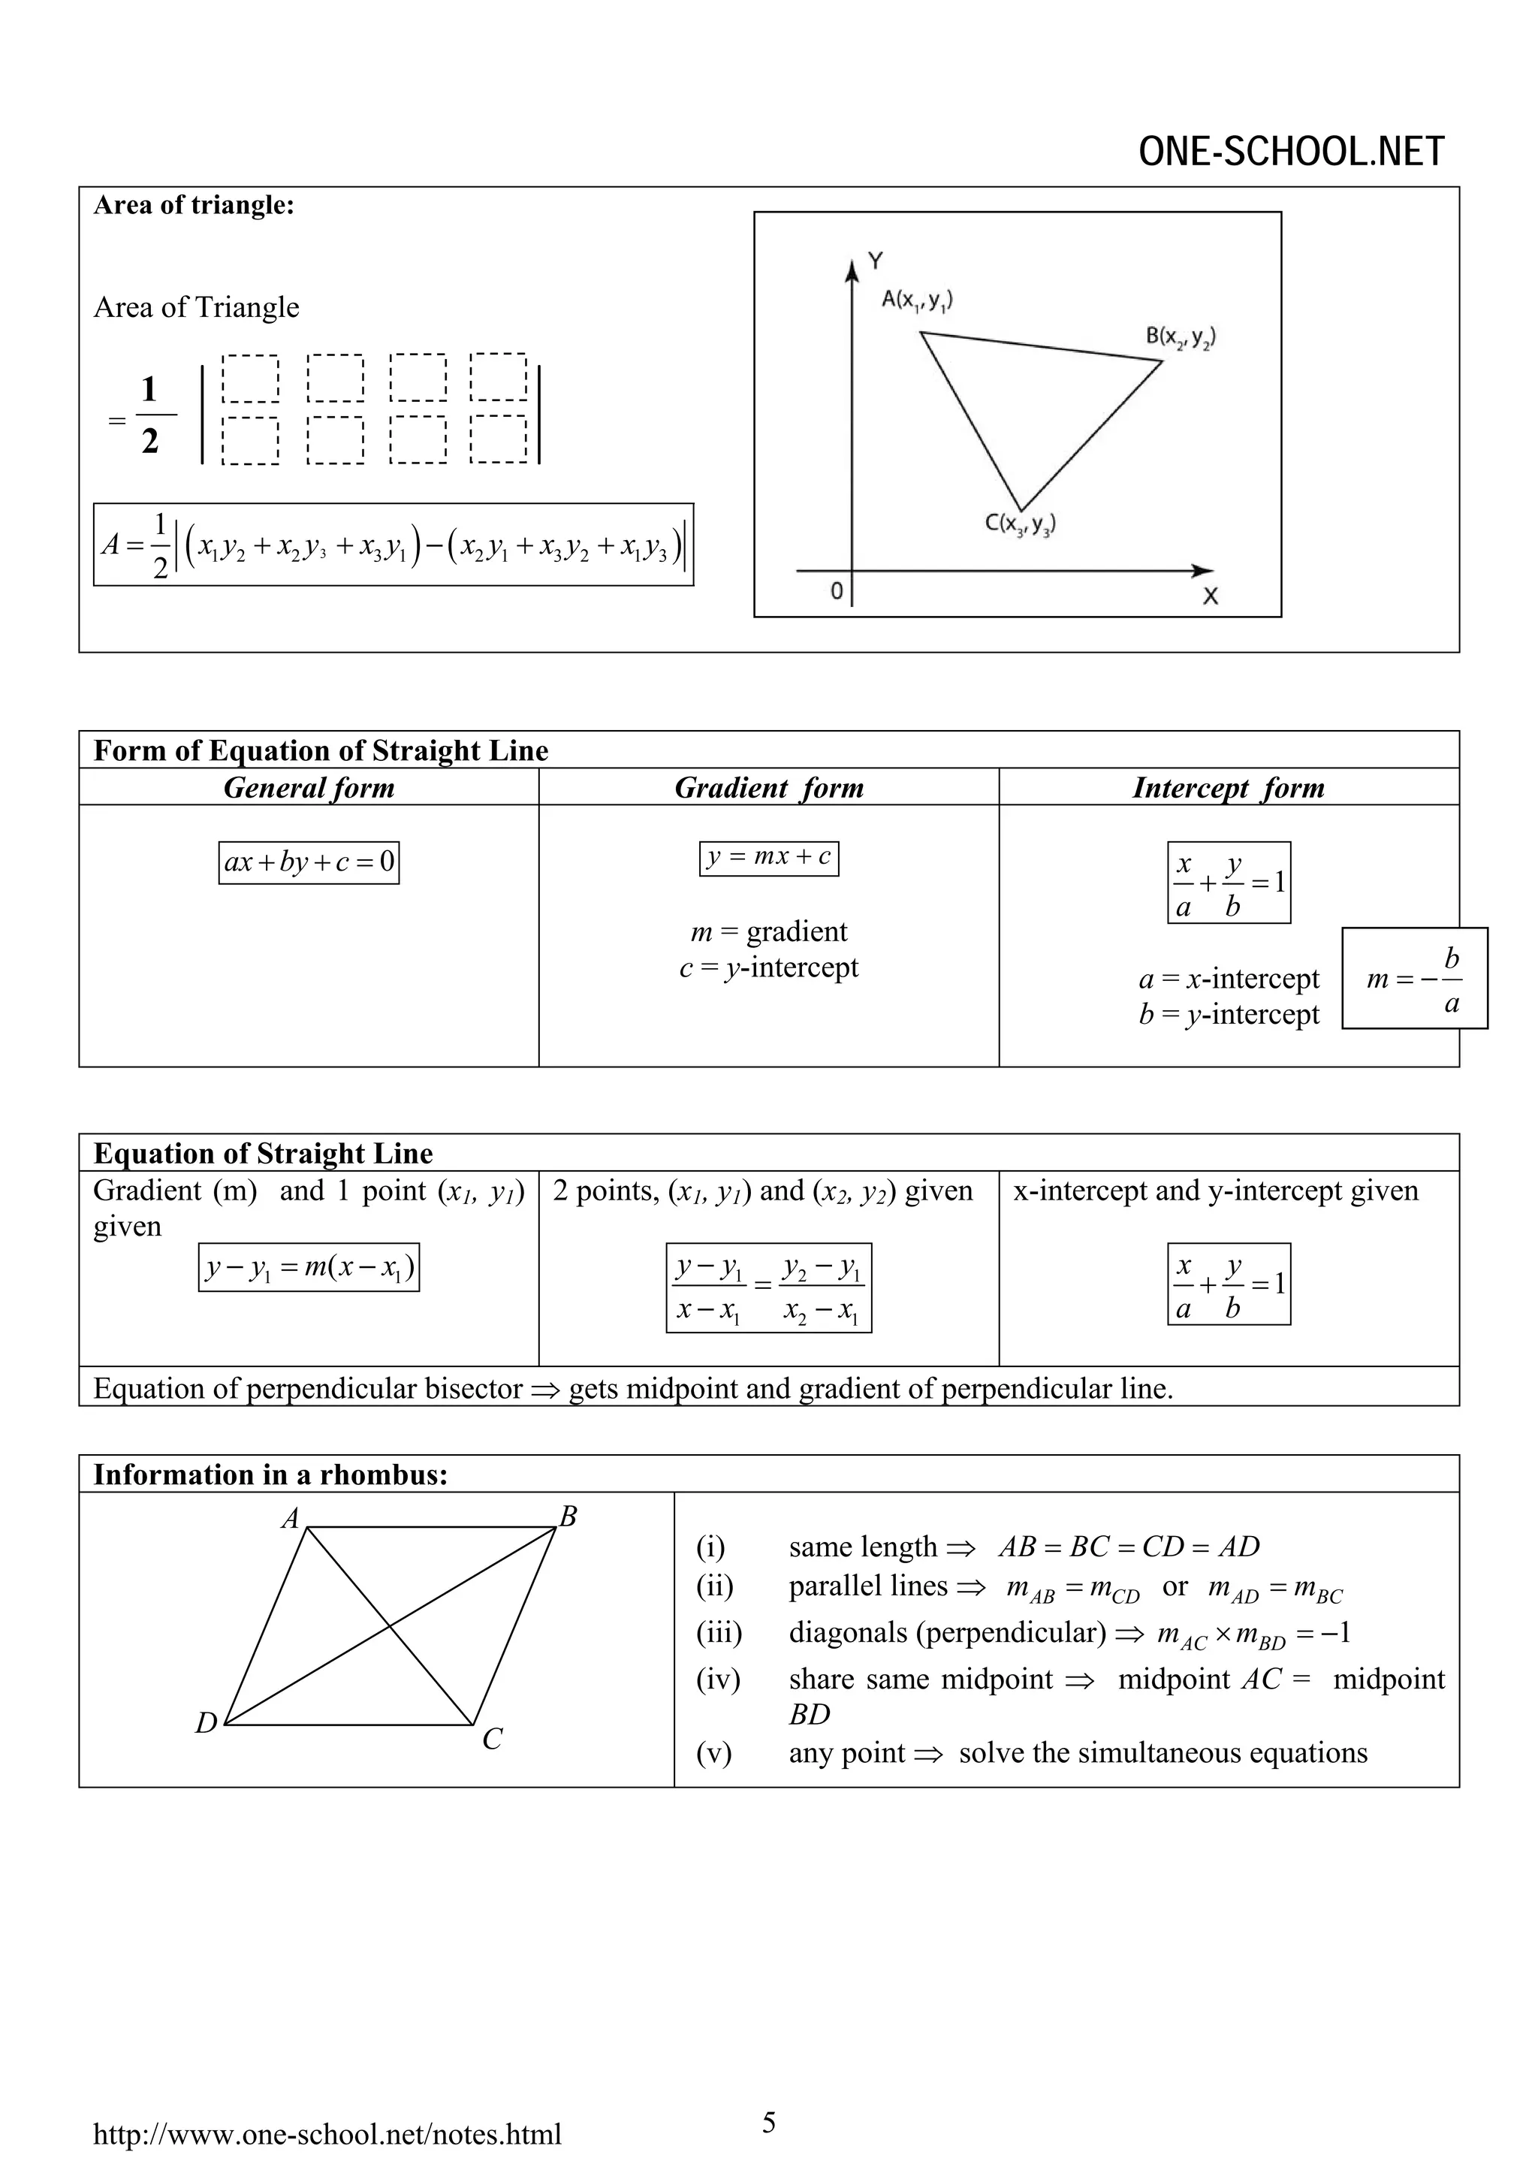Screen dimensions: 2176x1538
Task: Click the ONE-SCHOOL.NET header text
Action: pyautogui.click(x=1291, y=152)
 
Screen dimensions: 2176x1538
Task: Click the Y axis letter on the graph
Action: pyautogui.click(x=876, y=261)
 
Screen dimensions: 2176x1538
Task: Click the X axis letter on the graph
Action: pyautogui.click(x=1210, y=596)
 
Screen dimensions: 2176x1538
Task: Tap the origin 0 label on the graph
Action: pyautogui.click(x=837, y=591)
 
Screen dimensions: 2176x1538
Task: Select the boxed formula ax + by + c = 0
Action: pyautogui.click(x=309, y=862)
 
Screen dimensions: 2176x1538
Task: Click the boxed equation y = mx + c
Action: pyautogui.click(x=768, y=858)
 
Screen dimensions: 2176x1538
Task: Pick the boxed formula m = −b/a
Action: pyautogui.click(x=1415, y=978)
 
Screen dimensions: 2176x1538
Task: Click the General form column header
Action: pyautogui.click(x=309, y=788)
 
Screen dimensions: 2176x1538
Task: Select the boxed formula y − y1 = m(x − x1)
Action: pyautogui.click(x=309, y=1267)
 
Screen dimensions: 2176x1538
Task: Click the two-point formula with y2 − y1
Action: pyautogui.click(x=768, y=1288)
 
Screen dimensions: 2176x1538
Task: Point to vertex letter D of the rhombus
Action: pyautogui.click(x=206, y=1724)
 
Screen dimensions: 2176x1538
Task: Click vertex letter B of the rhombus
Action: pyautogui.click(x=568, y=1517)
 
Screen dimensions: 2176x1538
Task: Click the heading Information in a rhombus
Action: pyautogui.click(x=270, y=1474)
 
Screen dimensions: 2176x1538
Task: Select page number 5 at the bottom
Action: pyautogui.click(x=768, y=2123)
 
